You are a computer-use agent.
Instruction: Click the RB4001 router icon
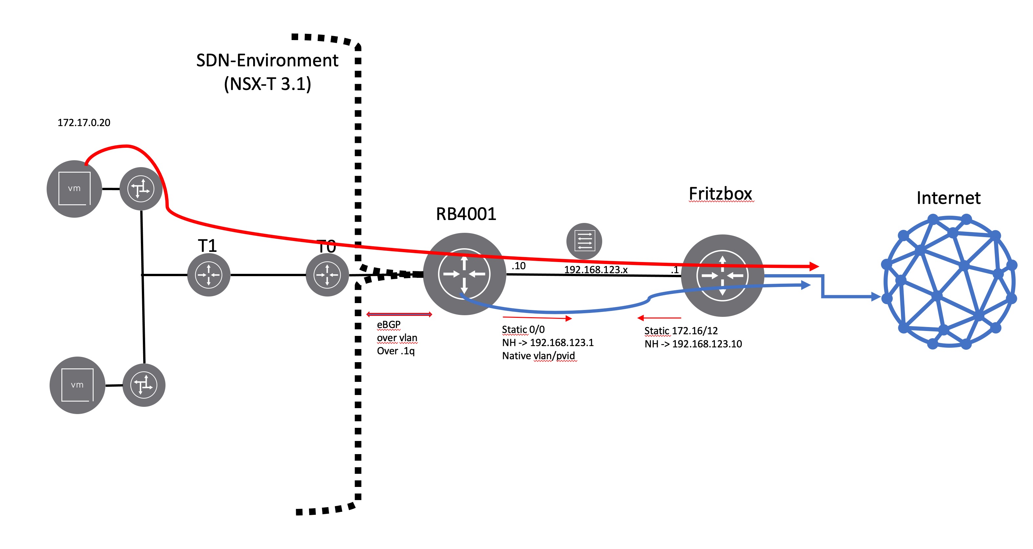pos(464,274)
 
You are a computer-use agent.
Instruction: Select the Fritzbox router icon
pos(722,275)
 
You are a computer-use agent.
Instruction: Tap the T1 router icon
pos(209,275)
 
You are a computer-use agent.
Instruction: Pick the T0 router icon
pos(327,275)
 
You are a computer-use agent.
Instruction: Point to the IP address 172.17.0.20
pos(84,123)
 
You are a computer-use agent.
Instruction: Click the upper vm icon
pos(74,188)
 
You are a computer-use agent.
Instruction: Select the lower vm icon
pos(77,385)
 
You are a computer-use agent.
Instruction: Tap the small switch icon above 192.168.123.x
pos(584,241)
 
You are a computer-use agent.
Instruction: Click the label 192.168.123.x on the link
pos(596,270)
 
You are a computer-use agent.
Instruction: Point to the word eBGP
pos(388,324)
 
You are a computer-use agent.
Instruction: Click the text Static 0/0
pos(523,330)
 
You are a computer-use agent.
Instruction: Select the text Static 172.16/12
pos(681,331)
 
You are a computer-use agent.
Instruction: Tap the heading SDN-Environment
pos(267,60)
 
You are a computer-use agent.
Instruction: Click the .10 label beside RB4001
pos(518,266)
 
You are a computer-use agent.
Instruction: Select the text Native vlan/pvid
pos(538,356)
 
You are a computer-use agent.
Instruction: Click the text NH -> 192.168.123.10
pos(693,344)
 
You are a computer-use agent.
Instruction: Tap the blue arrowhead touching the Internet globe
pos(876,297)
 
